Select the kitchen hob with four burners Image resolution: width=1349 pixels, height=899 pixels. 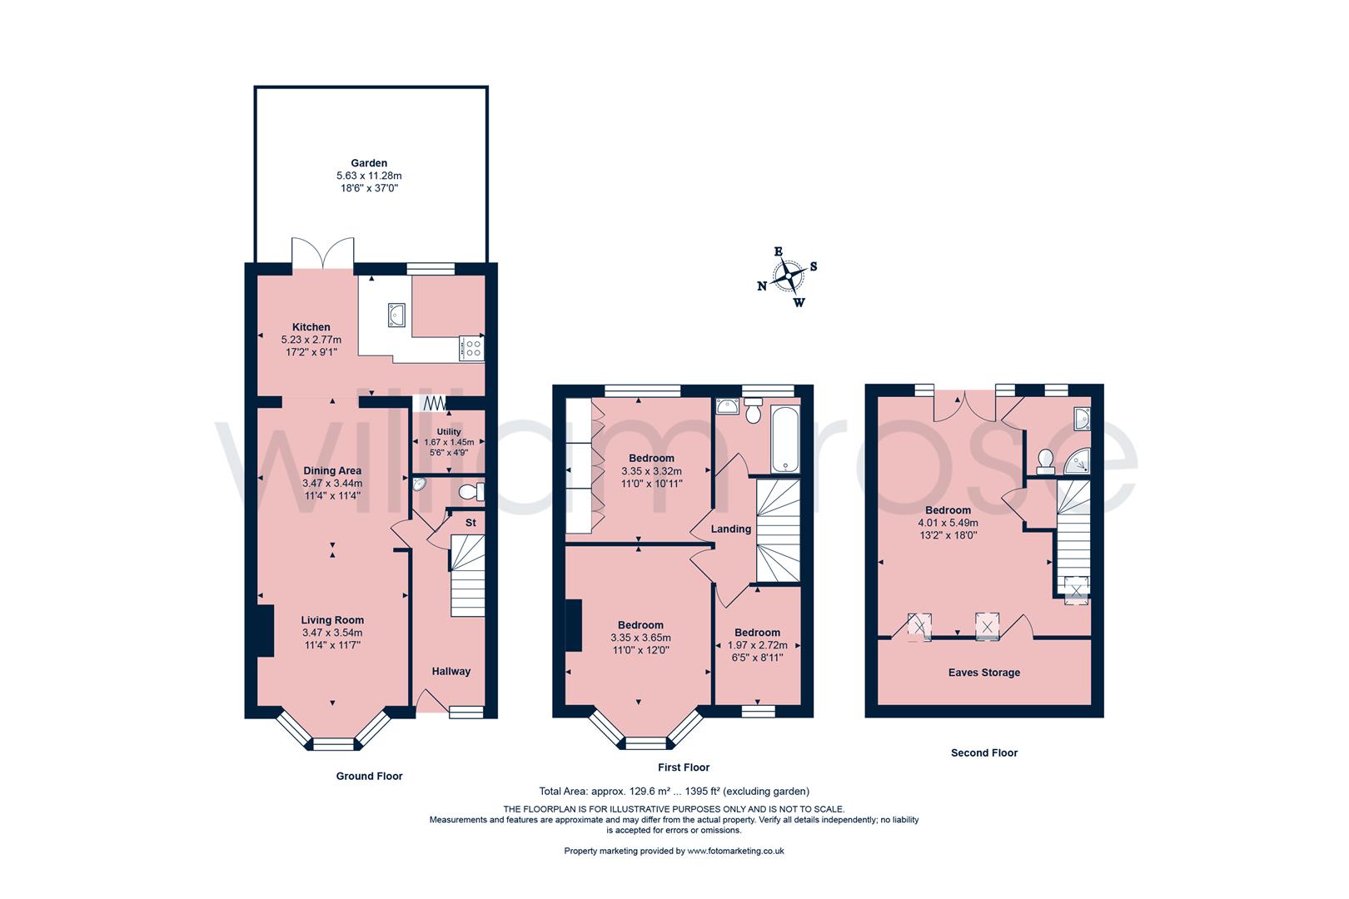[471, 348]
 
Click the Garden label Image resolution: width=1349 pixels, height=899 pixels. [369, 163]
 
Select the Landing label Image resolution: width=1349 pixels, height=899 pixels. [731, 529]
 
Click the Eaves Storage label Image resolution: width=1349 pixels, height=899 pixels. [984, 673]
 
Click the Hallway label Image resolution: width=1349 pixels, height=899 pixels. [451, 671]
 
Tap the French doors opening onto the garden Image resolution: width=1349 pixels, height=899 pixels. [324, 253]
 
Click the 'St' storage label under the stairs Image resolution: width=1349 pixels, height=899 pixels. [470, 523]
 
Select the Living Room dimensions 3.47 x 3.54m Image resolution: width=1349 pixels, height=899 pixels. [332, 633]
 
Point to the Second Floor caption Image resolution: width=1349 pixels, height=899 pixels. [984, 752]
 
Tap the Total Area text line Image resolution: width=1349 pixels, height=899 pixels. [674, 792]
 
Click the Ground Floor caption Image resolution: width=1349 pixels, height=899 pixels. [369, 776]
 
